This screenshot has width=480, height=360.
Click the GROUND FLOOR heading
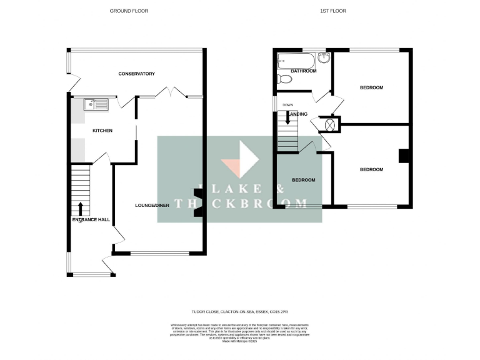pyautogui.click(x=129, y=11)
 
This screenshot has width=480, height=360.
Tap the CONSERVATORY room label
pyautogui.click(x=136, y=74)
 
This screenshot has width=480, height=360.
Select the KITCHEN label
pyautogui.click(x=102, y=131)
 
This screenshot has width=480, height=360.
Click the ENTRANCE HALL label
pyautogui.click(x=91, y=220)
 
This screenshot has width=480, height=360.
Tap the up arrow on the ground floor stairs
pyautogui.click(x=81, y=209)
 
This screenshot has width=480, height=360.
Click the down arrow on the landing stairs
pyautogui.click(x=287, y=117)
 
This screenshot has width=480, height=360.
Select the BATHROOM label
pyautogui.click(x=303, y=71)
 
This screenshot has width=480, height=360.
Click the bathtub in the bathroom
pyautogui.click(x=296, y=61)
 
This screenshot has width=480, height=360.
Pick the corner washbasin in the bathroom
pyautogui.click(x=324, y=59)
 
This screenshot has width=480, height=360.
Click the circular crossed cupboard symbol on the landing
pyautogui.click(x=329, y=124)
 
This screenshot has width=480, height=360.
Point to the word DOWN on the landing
pyautogui.click(x=287, y=105)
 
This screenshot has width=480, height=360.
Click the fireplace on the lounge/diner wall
pyautogui.click(x=198, y=203)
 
